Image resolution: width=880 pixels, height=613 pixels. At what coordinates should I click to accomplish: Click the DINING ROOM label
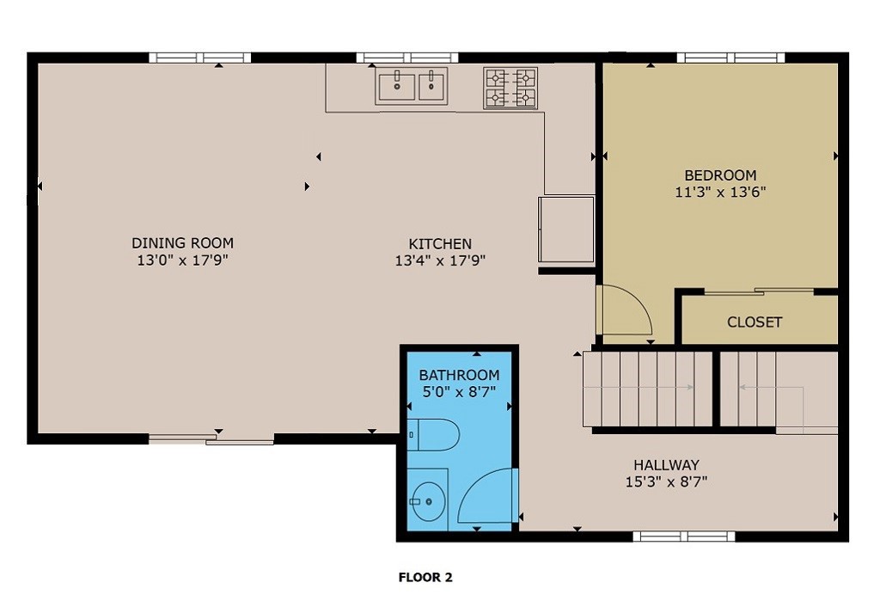182,243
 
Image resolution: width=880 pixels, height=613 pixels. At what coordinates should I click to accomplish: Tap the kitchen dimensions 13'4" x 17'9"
440,261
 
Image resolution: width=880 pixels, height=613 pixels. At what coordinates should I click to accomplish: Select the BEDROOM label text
720,175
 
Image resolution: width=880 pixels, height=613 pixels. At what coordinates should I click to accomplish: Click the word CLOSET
755,322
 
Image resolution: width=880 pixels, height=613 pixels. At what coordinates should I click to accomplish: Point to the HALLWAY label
666,464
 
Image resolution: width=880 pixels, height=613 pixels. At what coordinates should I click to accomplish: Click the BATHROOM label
459,376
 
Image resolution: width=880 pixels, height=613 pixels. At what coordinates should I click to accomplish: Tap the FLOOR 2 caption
425,578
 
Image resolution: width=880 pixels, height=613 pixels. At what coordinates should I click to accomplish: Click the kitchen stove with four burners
510,88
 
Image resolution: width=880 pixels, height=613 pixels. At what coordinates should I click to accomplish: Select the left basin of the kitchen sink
397,87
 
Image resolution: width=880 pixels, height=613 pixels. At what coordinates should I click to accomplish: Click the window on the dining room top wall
199,58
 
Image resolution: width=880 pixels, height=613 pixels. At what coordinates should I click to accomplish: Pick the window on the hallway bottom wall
684,536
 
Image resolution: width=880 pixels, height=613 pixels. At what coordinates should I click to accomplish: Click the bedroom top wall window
730,58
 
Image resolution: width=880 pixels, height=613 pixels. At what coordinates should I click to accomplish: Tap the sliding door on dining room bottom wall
211,439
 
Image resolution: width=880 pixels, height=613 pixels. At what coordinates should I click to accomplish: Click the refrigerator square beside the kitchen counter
566,230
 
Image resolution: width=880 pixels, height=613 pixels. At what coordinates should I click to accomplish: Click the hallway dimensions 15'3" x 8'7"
666,482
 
